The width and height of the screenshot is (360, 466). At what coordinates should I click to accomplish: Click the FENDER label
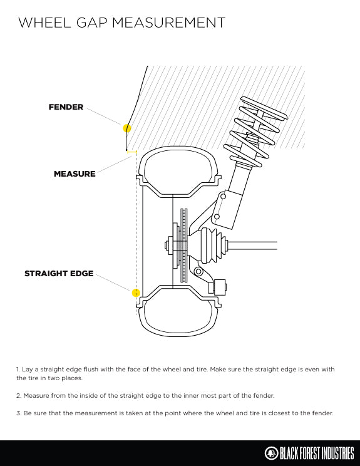tap(66, 107)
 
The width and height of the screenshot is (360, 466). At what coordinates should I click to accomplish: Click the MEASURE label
tap(75, 174)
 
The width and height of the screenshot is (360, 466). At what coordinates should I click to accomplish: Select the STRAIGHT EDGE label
tap(59, 274)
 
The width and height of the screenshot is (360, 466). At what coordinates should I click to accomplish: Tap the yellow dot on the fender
tap(127, 128)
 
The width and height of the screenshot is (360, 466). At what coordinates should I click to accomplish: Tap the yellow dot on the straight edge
tap(136, 293)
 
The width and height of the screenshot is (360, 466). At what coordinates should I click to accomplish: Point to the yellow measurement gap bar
tap(132, 152)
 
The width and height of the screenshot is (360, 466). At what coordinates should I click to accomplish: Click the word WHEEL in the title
tap(44, 23)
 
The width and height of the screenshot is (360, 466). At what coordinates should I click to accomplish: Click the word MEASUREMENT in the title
tap(168, 23)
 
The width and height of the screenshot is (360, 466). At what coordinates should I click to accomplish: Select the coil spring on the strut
tap(255, 131)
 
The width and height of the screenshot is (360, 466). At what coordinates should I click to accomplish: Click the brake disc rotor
tap(184, 245)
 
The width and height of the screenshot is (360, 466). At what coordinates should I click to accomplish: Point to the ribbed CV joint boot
tap(212, 246)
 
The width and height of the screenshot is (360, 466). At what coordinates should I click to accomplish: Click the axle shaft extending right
tap(252, 246)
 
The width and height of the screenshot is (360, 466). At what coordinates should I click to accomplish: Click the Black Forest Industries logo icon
tap(270, 453)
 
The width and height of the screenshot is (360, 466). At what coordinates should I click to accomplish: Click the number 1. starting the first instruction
tap(18, 370)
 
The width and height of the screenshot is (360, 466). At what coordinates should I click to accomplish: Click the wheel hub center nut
tap(167, 246)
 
